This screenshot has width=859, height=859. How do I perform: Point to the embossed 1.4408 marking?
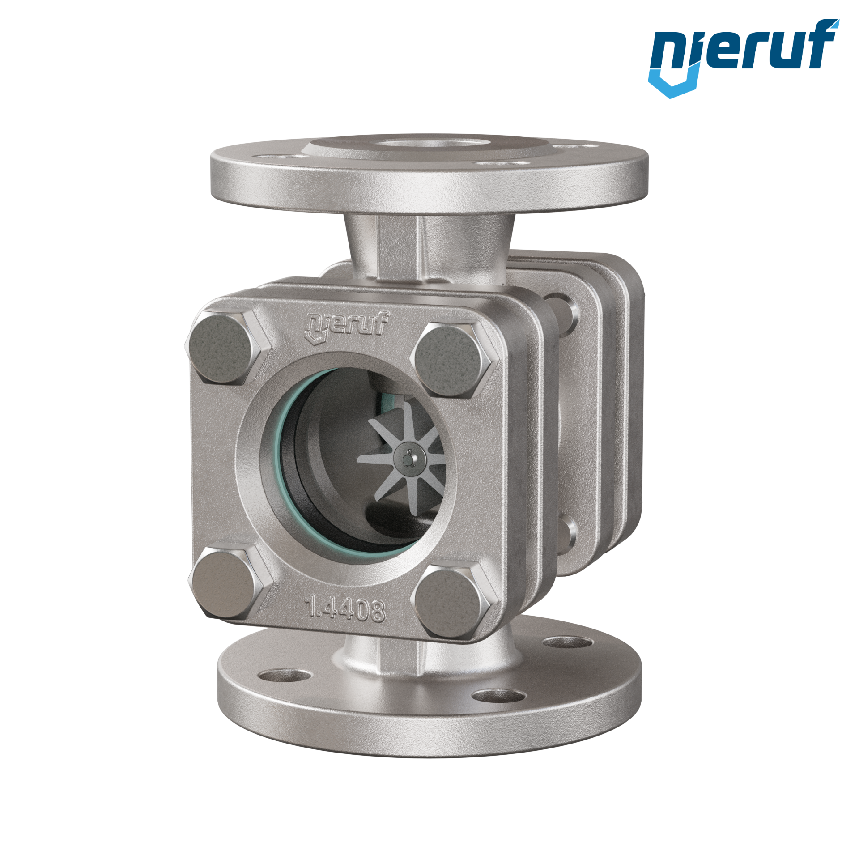point(344,608)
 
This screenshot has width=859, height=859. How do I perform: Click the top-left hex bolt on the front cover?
point(228,348)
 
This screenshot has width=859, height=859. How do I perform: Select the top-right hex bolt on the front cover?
point(456,359)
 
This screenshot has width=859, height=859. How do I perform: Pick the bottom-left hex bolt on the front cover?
point(231,583)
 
